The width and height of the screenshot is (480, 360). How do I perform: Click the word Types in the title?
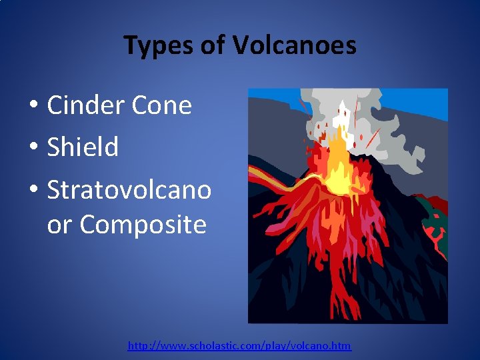click(x=157, y=45)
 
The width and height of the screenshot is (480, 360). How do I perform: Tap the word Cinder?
click(x=85, y=105)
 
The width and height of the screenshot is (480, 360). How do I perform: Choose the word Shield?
click(x=83, y=147)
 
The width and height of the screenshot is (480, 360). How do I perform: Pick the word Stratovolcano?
click(x=129, y=190)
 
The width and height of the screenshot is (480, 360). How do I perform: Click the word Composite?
click(x=143, y=225)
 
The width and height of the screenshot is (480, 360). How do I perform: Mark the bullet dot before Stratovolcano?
click(x=33, y=191)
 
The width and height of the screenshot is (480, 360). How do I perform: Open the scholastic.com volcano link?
click(x=239, y=346)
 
